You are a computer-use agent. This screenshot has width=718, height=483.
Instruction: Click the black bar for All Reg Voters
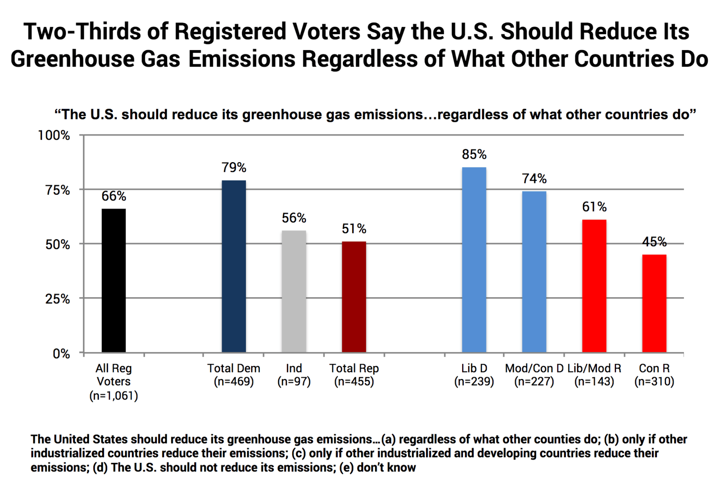click(x=113, y=280)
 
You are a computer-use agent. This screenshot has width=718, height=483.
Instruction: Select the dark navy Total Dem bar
click(x=233, y=266)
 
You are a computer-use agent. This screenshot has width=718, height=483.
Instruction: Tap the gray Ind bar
click(x=293, y=291)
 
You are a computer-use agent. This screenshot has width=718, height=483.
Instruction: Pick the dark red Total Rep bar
click(x=354, y=297)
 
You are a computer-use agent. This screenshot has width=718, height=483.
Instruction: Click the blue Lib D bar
click(x=474, y=259)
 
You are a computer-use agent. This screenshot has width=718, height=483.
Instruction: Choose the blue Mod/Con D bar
click(x=534, y=272)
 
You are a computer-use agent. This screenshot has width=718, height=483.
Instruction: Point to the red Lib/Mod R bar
click(x=594, y=286)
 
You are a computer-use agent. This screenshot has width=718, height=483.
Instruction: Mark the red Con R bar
click(x=654, y=303)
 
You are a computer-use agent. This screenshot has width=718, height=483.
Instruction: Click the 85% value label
click(x=474, y=154)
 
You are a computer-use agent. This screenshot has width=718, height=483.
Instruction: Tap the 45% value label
click(x=654, y=241)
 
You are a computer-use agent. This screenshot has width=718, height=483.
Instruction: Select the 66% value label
click(x=113, y=196)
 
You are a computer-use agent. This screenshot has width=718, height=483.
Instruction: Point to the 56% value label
click(x=293, y=218)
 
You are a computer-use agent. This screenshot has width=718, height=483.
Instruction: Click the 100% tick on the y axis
click(x=54, y=135)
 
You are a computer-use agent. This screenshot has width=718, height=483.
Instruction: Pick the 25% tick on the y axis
click(x=57, y=299)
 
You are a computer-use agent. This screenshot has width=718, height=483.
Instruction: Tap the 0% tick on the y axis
click(x=61, y=353)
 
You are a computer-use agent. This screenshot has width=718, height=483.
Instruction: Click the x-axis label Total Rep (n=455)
click(x=354, y=375)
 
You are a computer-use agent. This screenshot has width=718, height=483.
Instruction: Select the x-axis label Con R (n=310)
click(x=654, y=375)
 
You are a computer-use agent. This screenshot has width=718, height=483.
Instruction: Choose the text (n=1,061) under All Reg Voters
click(x=113, y=396)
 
